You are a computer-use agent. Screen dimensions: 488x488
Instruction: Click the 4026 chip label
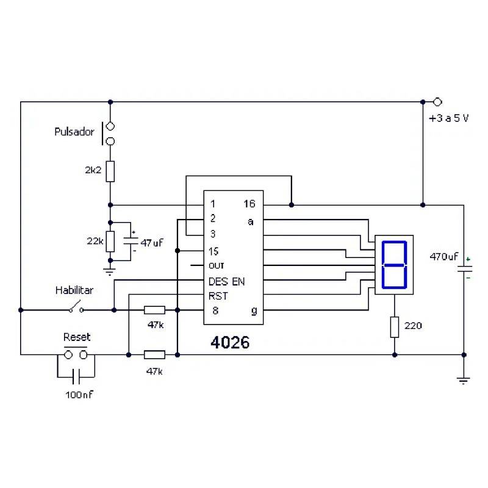(x=230, y=342)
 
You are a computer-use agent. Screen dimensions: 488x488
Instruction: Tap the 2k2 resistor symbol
(x=110, y=171)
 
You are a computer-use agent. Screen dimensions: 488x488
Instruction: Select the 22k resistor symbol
(x=110, y=241)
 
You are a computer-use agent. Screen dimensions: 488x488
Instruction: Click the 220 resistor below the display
(x=394, y=326)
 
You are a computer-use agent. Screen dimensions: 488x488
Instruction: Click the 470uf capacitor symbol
(x=464, y=270)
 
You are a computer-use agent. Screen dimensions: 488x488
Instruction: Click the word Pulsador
(x=74, y=131)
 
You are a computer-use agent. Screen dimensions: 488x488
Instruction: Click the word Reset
(x=77, y=337)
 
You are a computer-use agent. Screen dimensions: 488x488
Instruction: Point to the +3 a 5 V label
(x=448, y=118)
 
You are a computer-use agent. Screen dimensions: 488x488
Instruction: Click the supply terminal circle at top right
(x=437, y=102)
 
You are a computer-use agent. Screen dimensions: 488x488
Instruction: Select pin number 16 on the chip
(x=249, y=204)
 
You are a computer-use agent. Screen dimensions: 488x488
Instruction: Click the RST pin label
(x=218, y=296)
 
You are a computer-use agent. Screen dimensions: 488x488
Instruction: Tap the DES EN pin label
(x=226, y=281)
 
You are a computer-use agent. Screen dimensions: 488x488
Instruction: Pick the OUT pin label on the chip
(x=217, y=266)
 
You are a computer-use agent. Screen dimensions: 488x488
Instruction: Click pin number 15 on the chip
(x=213, y=251)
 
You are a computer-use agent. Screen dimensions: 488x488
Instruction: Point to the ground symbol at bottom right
(x=464, y=379)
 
